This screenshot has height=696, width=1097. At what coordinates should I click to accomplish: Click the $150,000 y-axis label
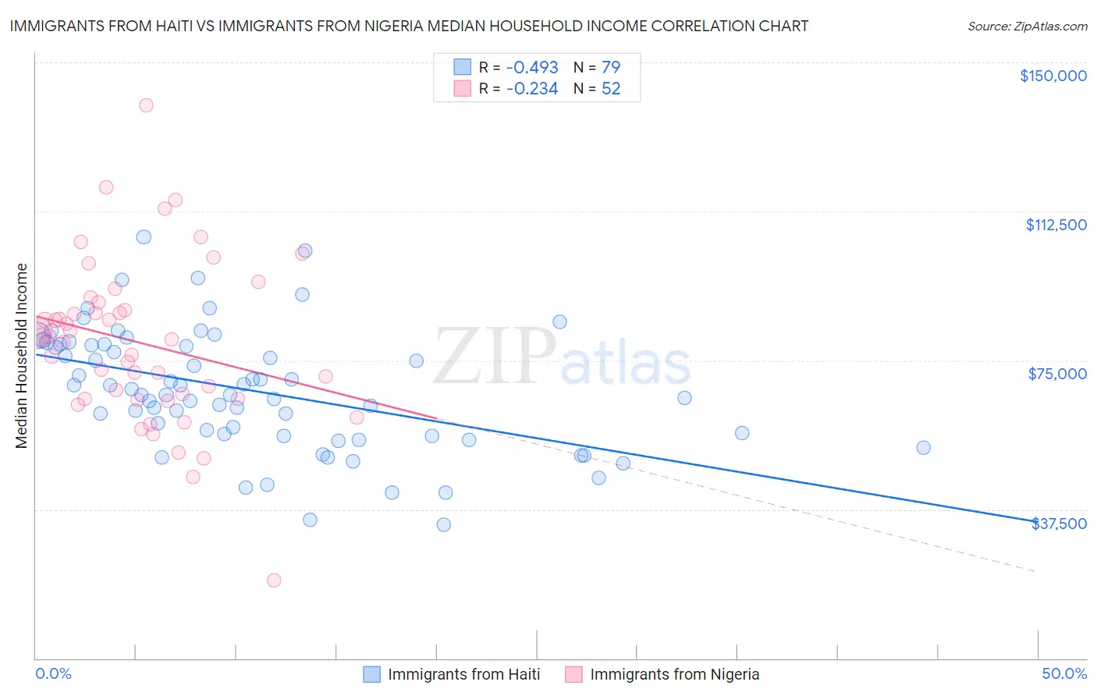(x=1053, y=76)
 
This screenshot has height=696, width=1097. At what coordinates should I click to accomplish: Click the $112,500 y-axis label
(x=1056, y=225)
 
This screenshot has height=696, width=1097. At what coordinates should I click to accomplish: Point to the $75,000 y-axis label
(x=1057, y=374)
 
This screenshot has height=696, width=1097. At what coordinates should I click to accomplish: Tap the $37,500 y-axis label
(x=1059, y=524)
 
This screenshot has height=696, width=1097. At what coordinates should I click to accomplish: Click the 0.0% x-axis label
(x=53, y=673)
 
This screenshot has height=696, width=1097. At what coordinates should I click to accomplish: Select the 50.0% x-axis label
(x=1064, y=673)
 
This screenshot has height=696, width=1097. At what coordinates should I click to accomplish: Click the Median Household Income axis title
(x=21, y=356)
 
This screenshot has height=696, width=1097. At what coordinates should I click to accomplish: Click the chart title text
(x=409, y=26)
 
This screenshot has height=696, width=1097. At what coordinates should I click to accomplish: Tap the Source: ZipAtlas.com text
(x=1027, y=27)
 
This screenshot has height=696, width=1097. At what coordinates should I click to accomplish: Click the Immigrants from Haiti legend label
(x=463, y=674)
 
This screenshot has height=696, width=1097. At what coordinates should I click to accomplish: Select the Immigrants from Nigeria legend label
(x=674, y=674)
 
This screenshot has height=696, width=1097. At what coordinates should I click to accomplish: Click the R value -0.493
(x=532, y=67)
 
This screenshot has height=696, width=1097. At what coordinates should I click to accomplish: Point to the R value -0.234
(x=532, y=89)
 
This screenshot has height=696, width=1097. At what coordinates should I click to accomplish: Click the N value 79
(x=611, y=67)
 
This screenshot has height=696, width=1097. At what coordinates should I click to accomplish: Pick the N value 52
(x=611, y=89)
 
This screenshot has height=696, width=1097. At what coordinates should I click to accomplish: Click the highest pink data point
(x=146, y=105)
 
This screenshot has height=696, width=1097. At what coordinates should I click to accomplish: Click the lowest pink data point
(x=274, y=580)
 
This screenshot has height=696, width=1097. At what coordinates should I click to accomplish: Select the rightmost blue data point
(x=923, y=448)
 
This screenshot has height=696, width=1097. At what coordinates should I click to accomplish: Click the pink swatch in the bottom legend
(x=573, y=674)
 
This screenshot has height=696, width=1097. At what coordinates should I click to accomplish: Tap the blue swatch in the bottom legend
(x=371, y=674)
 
